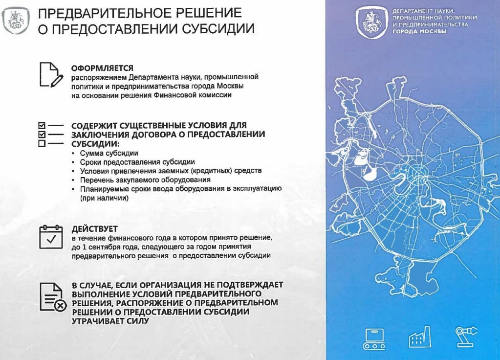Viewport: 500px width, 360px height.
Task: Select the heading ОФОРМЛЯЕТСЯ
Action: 102,68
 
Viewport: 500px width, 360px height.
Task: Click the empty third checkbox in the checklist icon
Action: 42,143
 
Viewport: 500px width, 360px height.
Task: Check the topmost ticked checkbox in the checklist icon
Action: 42,125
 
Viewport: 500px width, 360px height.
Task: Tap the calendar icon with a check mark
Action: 51,237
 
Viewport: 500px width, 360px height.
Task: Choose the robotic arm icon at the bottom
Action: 466,337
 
